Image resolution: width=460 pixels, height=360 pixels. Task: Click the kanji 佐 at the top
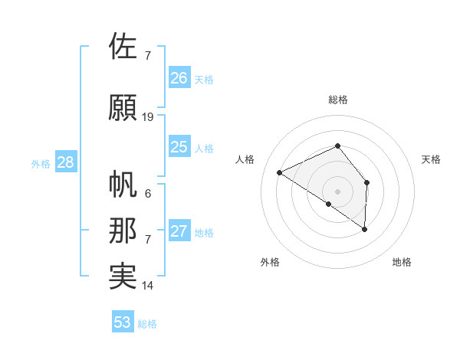coord(123,46)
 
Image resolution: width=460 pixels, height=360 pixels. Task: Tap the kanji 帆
coord(123,185)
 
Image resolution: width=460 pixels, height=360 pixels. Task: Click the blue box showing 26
coord(179,78)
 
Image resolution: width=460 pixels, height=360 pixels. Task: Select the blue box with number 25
coord(179,147)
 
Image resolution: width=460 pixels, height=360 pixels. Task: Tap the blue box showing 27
coord(179,231)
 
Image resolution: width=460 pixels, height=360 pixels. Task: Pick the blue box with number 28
coord(64,162)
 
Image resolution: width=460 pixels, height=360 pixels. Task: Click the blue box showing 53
coord(123,322)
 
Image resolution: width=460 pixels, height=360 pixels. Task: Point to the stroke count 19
coord(148,117)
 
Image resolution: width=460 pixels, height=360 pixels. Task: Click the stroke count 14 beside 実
coord(148,286)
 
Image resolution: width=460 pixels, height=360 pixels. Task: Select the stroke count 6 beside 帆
coord(148,194)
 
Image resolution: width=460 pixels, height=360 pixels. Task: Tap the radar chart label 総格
coord(337,100)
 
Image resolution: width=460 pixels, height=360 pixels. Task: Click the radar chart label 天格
coord(431,159)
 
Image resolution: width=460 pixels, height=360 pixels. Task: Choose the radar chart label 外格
coord(270,262)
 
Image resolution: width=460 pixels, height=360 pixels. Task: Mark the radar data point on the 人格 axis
coord(280,172)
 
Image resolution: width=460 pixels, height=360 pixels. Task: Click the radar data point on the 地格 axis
coord(365,229)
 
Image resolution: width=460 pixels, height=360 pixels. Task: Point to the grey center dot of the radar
coord(337,190)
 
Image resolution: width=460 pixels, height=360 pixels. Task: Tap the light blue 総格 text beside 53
coord(148,324)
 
